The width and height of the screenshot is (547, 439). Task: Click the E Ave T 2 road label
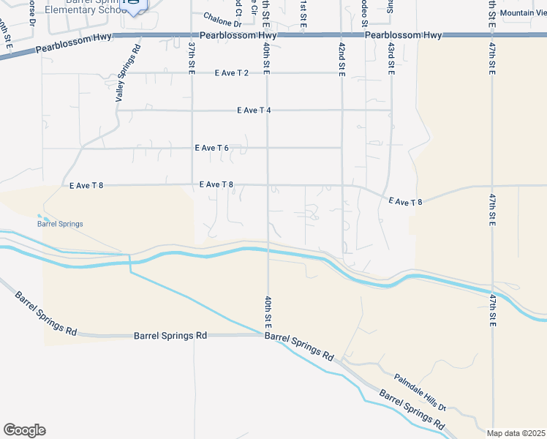tap(232, 73)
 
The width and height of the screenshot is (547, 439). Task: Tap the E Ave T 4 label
tap(254, 110)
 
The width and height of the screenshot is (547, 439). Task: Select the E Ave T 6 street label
tap(213, 148)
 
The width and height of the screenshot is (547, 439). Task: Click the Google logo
tap(24, 430)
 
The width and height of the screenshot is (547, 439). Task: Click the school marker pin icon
tap(134, 4)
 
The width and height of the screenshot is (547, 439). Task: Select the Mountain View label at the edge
tap(524, 13)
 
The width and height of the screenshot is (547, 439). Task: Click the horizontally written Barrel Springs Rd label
tap(170, 336)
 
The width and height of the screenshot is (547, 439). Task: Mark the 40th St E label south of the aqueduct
tap(268, 310)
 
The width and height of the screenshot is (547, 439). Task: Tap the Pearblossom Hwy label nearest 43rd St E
tap(404, 35)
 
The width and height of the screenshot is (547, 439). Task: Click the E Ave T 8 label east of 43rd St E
tap(405, 200)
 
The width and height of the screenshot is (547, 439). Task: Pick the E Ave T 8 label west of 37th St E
tap(86, 186)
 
